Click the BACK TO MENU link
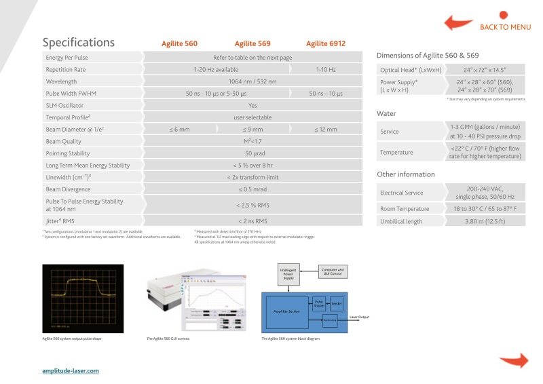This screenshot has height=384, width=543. click(x=505, y=27)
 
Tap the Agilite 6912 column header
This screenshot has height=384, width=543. click(x=326, y=43)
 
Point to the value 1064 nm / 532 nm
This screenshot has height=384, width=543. click(x=252, y=81)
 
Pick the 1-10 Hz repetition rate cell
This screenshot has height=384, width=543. click(x=326, y=69)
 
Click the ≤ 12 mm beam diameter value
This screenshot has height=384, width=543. click(x=326, y=129)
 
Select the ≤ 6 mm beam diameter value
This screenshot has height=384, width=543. click(x=179, y=129)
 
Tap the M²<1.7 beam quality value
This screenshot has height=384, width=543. click(x=252, y=142)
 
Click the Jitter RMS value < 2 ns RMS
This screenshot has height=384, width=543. click(x=252, y=220)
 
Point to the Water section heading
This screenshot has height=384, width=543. click(x=386, y=113)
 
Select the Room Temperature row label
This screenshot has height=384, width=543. click(x=405, y=208)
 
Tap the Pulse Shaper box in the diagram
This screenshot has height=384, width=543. click(x=319, y=303)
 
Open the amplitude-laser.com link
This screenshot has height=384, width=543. click(x=71, y=370)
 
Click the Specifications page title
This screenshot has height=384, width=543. click(x=79, y=42)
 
